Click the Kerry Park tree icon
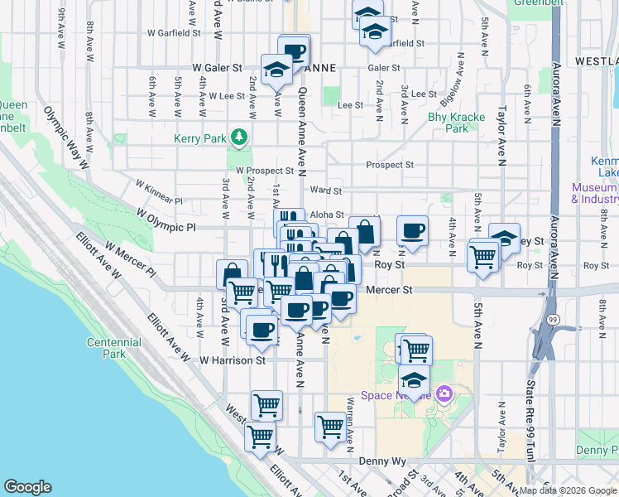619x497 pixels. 240,136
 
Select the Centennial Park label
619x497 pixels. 114,348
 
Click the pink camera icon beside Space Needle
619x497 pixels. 444,393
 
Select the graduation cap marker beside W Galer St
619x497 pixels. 275,70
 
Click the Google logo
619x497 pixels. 27,487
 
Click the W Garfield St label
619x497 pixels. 175,34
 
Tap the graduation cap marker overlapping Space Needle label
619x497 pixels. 414,383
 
